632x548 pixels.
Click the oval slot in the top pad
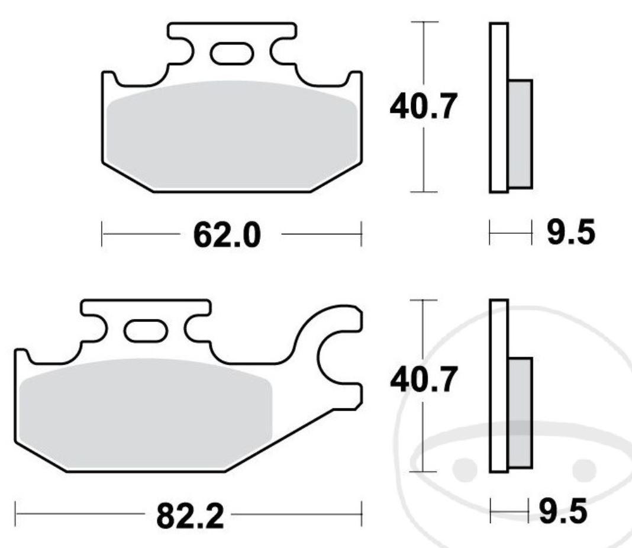pos(231,54)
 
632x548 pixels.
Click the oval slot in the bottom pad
pos(146,330)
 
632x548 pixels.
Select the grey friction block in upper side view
pos(520,133)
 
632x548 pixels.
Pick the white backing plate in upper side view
pos(499,107)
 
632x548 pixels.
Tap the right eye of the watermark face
pos(583,468)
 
